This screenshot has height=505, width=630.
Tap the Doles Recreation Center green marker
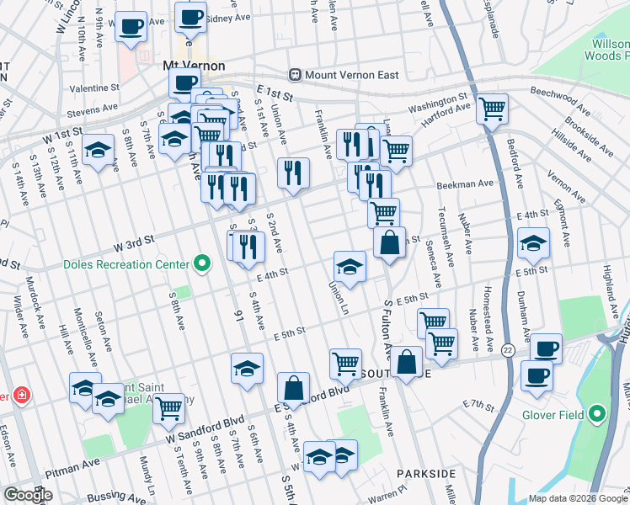(201, 264)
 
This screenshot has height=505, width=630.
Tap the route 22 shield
(507, 349)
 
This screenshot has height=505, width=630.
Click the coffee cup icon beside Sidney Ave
(190, 17)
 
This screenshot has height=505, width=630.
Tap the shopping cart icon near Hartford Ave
(492, 108)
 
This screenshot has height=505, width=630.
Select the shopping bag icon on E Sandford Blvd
(293, 388)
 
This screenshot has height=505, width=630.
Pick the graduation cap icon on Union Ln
(350, 267)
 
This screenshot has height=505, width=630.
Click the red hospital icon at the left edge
(3, 395)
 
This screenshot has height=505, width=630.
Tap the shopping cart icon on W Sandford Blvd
(169, 408)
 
